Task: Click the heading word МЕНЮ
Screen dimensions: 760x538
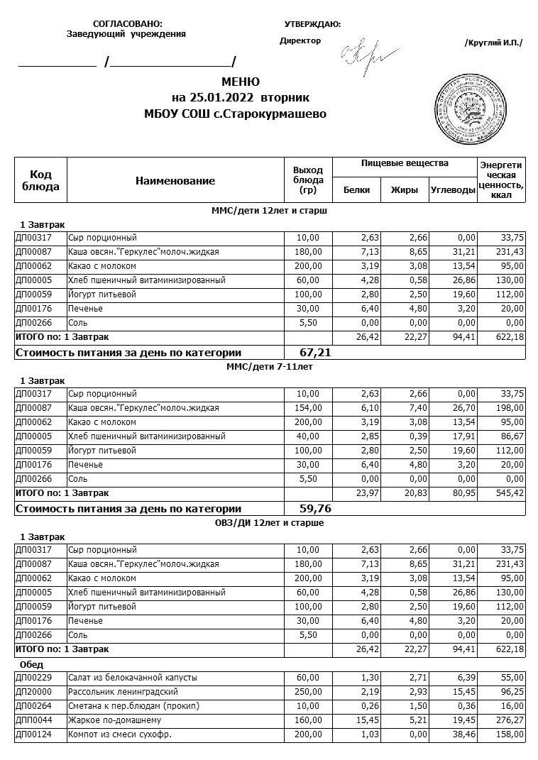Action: click(241, 82)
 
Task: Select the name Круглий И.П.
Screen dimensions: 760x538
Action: click(493, 43)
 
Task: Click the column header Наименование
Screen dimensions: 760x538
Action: click(175, 181)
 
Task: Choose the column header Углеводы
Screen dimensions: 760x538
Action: click(452, 190)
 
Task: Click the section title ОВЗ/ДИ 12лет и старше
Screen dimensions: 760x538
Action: click(269, 523)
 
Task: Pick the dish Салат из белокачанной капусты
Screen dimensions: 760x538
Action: click(132, 678)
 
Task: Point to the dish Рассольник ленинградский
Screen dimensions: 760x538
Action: click(123, 692)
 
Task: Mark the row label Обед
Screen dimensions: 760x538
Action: click(32, 665)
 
